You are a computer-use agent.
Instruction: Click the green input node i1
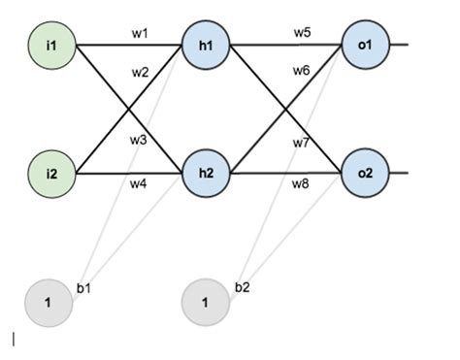(52, 45)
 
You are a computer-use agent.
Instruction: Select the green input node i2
(52, 173)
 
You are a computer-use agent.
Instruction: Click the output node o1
(364, 45)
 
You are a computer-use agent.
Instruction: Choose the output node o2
(364, 173)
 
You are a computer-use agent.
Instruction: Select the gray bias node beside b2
(205, 303)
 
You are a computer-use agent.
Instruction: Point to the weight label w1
(141, 32)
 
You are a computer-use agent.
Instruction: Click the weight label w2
(141, 71)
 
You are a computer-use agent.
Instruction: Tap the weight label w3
(140, 140)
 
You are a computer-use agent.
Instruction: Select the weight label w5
(303, 32)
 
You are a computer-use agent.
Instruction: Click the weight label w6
(303, 71)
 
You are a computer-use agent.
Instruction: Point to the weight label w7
(303, 144)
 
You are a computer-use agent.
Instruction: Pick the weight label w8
(303, 181)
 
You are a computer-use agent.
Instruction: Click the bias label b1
(83, 288)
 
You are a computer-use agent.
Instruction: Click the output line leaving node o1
(400, 45)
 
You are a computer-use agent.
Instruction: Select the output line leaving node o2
(400, 173)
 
